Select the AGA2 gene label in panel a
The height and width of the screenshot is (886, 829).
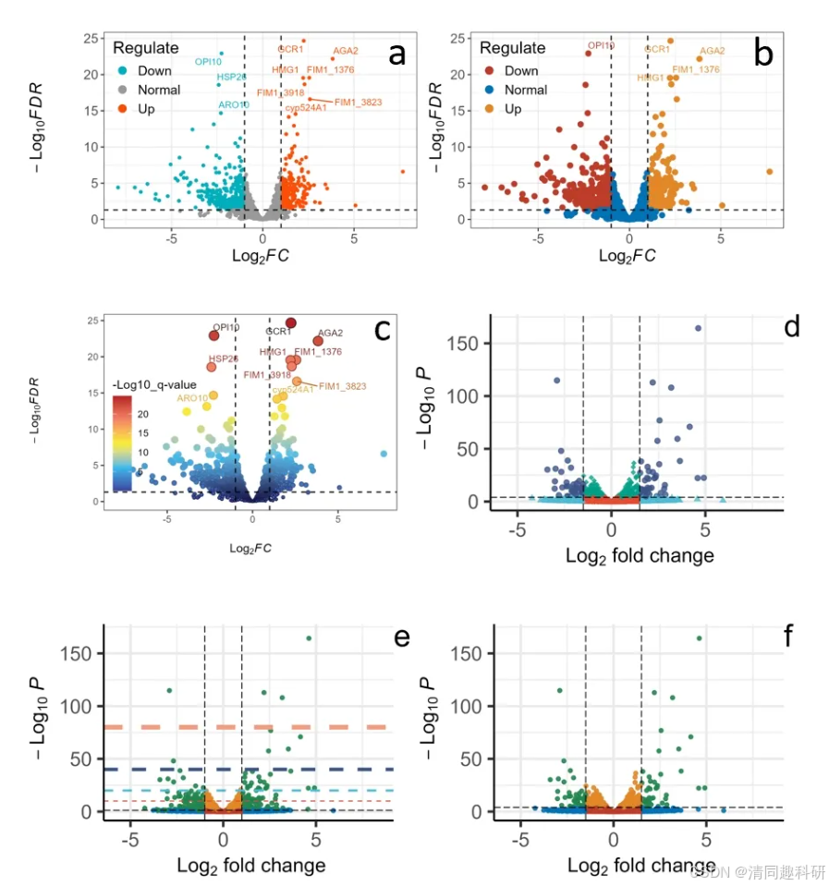[x=346, y=51]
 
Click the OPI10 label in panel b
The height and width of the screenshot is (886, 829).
[x=601, y=45]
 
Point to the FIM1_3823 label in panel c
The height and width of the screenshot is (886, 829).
[x=342, y=386]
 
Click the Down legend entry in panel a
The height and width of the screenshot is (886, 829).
[x=154, y=70]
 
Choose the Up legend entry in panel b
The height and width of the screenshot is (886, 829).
[x=513, y=109]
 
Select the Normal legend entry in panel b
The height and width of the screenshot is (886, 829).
[x=525, y=90]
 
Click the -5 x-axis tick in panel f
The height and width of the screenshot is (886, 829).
[x=521, y=843]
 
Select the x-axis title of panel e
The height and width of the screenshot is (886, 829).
[x=250, y=866]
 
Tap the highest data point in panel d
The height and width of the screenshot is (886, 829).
[x=698, y=328]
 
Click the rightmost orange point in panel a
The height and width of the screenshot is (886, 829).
[x=403, y=172]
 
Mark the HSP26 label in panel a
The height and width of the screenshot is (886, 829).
[x=232, y=77]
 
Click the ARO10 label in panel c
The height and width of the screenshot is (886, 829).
[x=194, y=398]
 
